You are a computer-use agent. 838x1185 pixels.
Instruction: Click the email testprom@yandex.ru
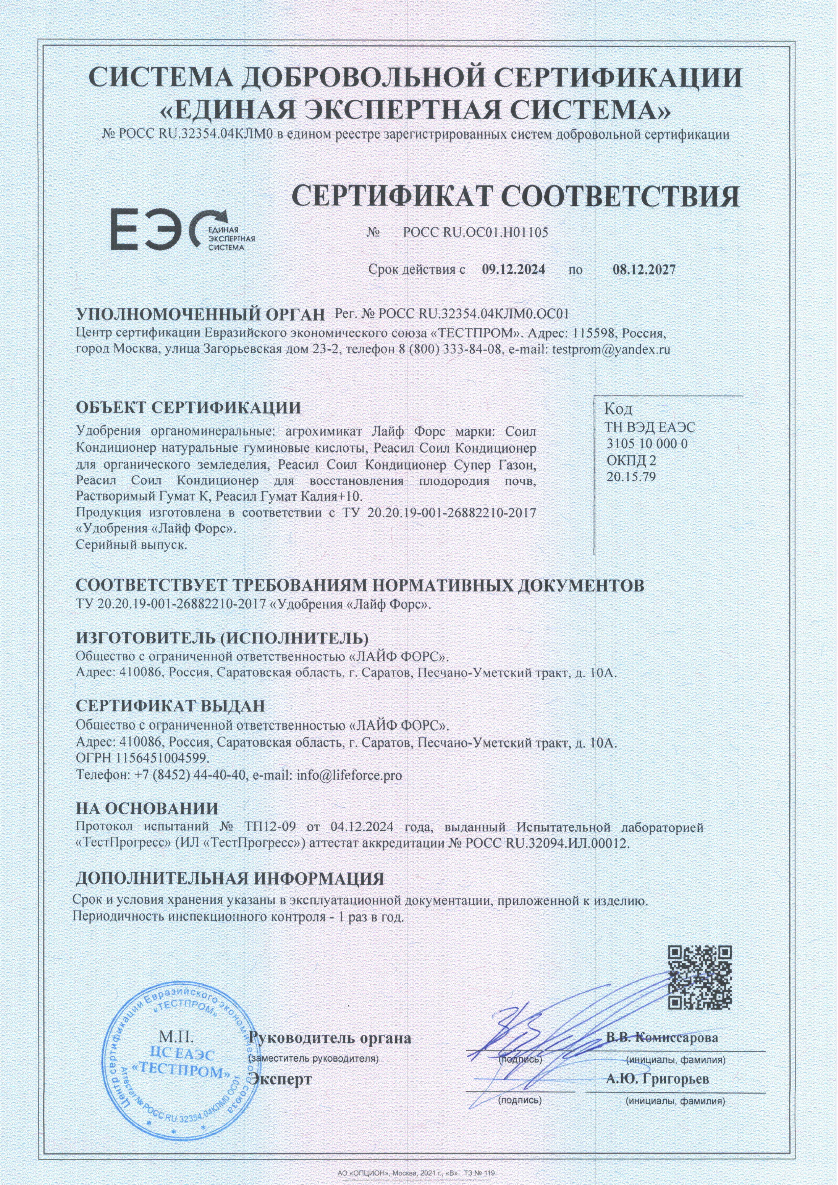click(611, 349)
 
